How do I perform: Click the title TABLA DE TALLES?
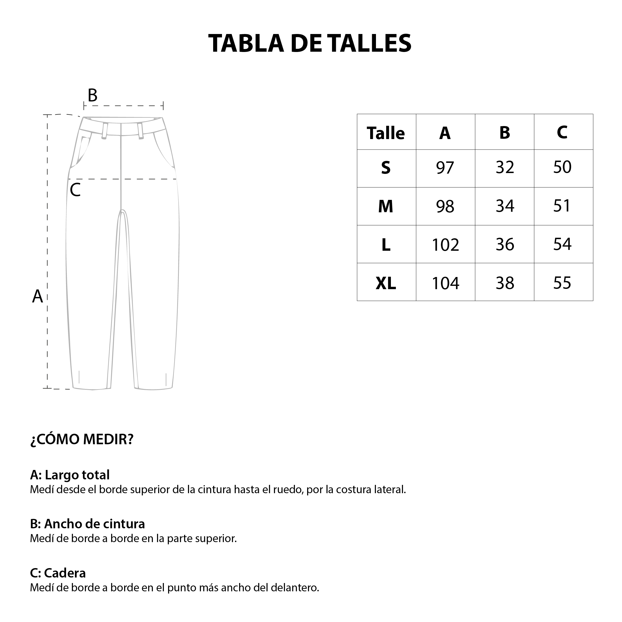tap(310, 43)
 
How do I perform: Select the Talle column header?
tap(386, 133)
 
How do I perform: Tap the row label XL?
tap(386, 283)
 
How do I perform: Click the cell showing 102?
tap(445, 245)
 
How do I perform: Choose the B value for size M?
tap(505, 206)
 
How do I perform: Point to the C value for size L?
tap(563, 244)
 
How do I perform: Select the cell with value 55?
tap(563, 283)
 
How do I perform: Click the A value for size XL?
tap(445, 283)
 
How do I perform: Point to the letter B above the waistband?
tap(92, 95)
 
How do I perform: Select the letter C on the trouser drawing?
tap(75, 190)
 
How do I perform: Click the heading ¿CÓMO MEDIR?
tap(82, 439)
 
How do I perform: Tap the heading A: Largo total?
tap(70, 475)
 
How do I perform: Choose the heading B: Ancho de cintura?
tap(87, 524)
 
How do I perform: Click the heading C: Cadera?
tap(58, 573)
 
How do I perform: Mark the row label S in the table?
tap(386, 168)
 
